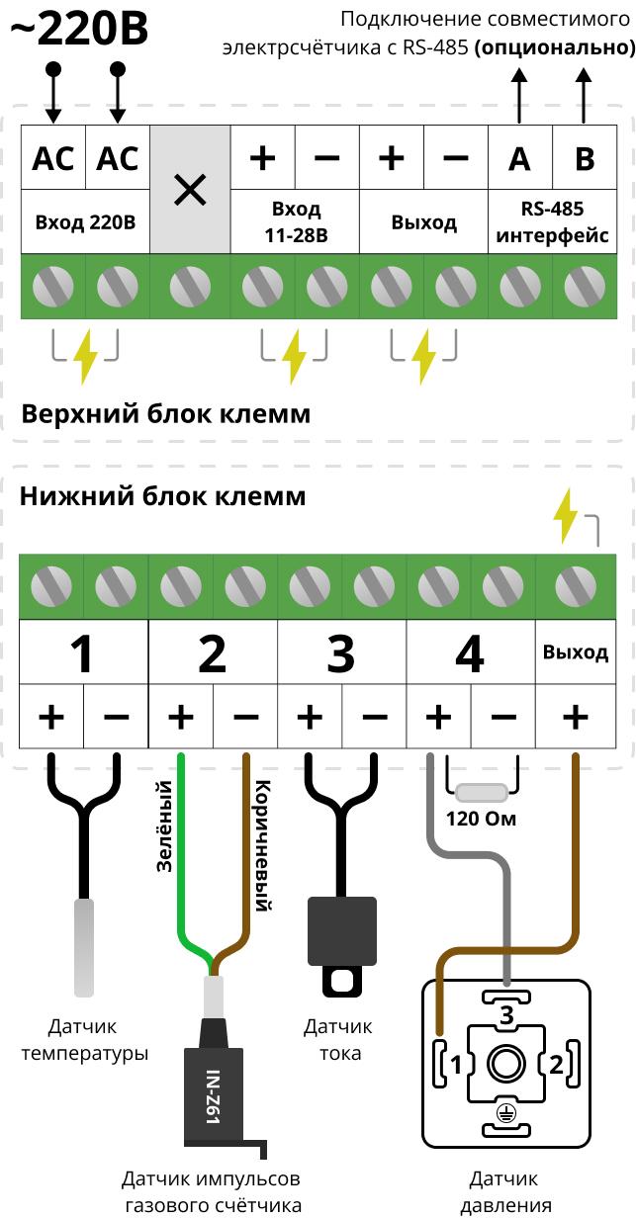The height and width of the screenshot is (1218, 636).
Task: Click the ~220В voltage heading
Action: [x=79, y=30]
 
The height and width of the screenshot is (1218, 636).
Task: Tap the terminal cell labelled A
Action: [x=519, y=158]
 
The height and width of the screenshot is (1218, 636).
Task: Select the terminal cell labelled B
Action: [x=585, y=158]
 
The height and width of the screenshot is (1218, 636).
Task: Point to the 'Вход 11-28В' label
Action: [x=296, y=222]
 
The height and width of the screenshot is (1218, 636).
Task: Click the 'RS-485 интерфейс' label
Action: [x=552, y=222]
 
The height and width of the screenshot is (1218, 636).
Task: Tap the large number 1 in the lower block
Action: [x=83, y=653]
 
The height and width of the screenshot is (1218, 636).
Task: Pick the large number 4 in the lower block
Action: [x=470, y=653]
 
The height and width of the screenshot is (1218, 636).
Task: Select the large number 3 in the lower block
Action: [x=341, y=653]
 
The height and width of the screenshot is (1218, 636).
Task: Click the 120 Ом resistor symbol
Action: [x=481, y=792]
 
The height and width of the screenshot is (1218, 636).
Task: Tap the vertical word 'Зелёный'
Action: [x=165, y=826]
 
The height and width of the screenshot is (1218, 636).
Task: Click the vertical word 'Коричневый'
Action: [x=263, y=845]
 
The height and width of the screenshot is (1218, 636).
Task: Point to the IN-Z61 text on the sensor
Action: [x=211, y=1098]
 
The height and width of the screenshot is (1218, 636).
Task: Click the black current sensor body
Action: [x=342, y=930]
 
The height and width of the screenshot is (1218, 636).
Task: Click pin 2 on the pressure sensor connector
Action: [x=556, y=1065]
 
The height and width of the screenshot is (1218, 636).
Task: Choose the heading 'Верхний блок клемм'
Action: [x=165, y=412]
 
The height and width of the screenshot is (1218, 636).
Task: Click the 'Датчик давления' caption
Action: [x=505, y=1192]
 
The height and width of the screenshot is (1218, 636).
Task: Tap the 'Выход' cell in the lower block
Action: [x=576, y=652]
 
